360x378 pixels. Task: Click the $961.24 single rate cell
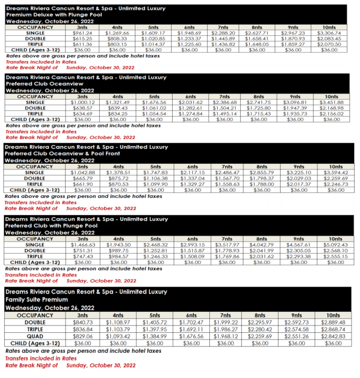(x=82, y=33)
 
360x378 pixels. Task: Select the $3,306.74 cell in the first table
(x=329, y=33)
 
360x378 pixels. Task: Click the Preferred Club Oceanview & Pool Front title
(x=62, y=153)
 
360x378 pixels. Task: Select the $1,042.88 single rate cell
(x=82, y=173)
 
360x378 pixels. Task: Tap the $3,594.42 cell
(x=331, y=173)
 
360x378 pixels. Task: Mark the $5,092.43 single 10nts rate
(x=331, y=244)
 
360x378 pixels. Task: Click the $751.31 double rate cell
(x=82, y=250)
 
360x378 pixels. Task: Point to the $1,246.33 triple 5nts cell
(x=153, y=256)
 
